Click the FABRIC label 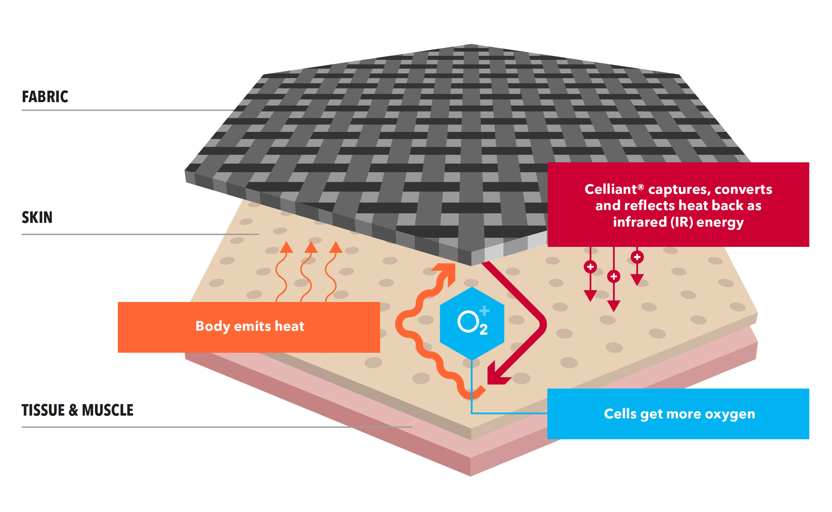[x=45, y=97]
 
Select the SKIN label [x=37, y=217]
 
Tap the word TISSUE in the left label [x=43, y=410]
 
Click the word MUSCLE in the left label [x=108, y=410]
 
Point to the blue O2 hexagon [x=472, y=323]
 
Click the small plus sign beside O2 [x=484, y=310]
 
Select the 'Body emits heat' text [x=250, y=326]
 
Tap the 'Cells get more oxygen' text [x=679, y=414]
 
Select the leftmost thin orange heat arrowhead [x=286, y=247]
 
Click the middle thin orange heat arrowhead [x=311, y=247]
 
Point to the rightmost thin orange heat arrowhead [x=336, y=247]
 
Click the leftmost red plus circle [x=590, y=267]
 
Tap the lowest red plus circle [x=614, y=277]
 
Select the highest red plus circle [x=637, y=257]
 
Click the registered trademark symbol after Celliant [x=640, y=187]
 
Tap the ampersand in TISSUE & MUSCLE [x=73, y=410]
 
